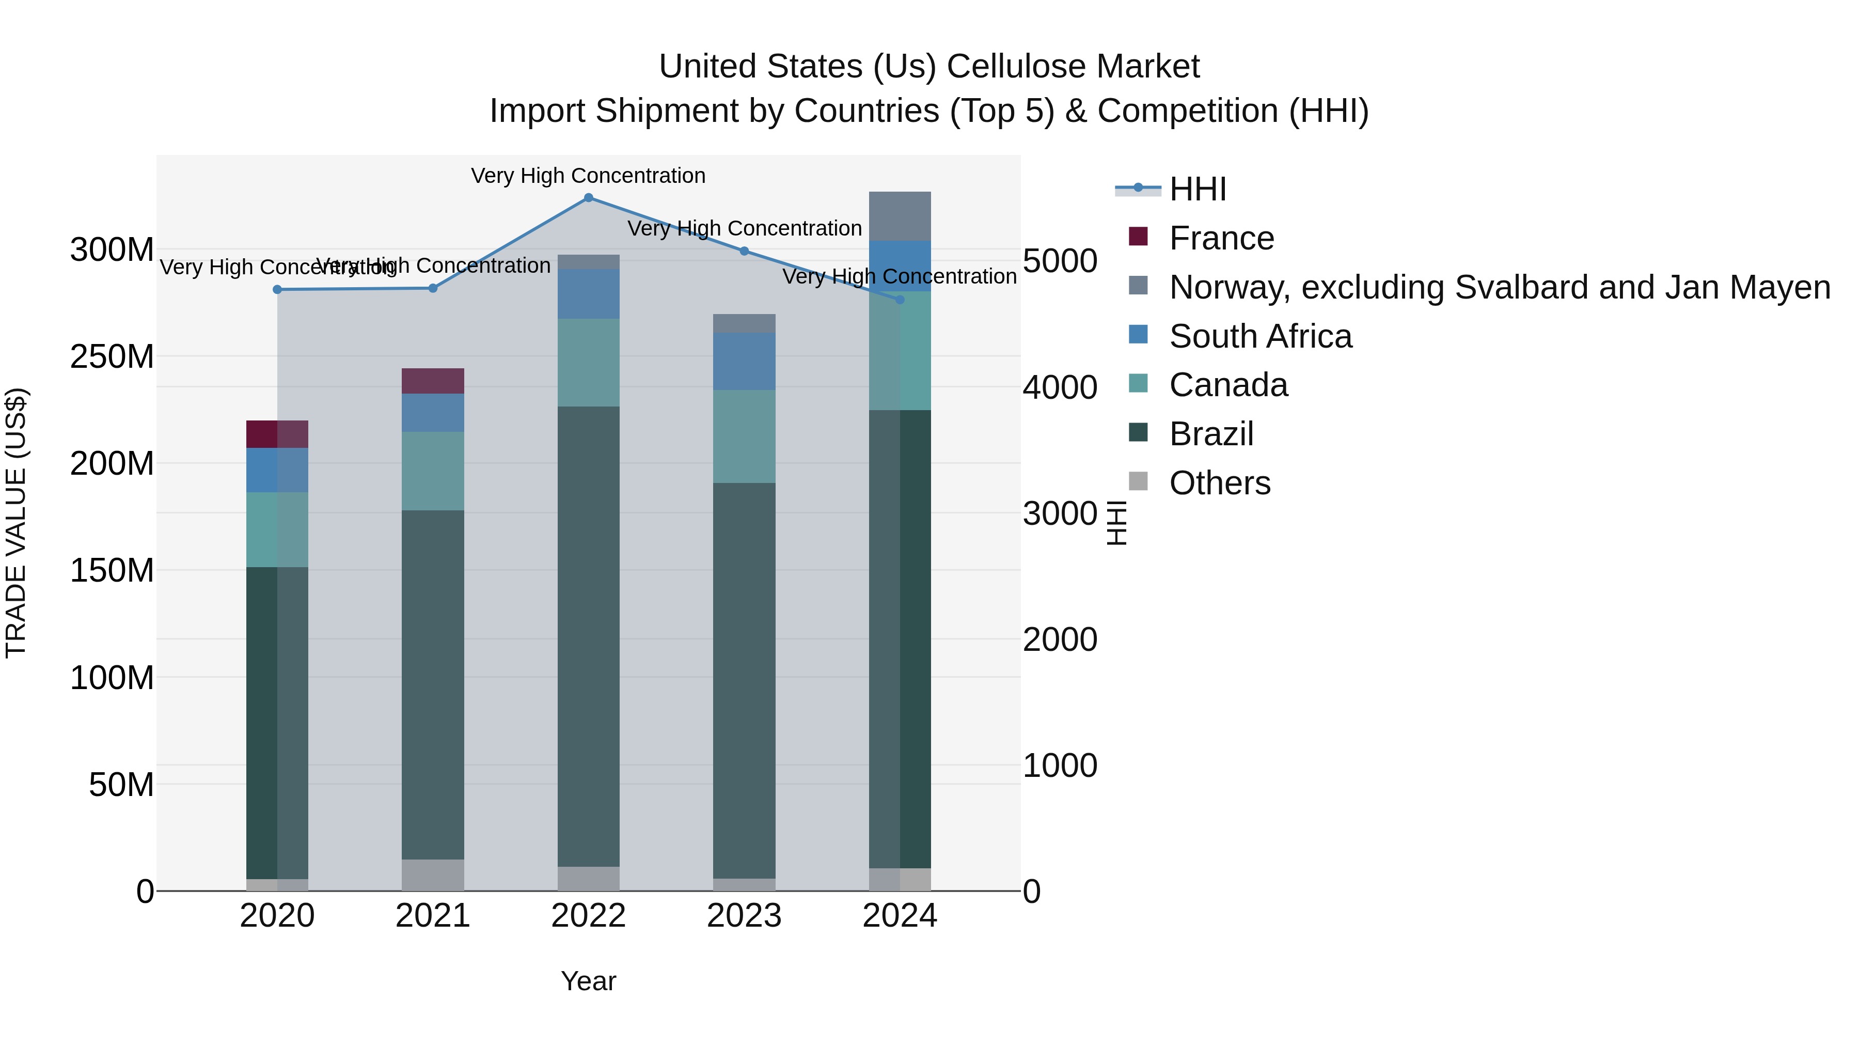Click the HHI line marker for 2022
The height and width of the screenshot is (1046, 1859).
pyautogui.click(x=588, y=198)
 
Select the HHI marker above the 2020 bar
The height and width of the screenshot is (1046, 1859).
pyautogui.click(x=277, y=289)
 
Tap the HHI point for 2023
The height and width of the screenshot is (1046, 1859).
pyautogui.click(x=744, y=251)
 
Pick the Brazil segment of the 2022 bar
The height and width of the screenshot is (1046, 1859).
pyautogui.click(x=588, y=635)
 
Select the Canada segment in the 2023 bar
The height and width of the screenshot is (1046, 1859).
pyautogui.click(x=744, y=436)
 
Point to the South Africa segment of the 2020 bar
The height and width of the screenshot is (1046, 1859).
pyautogui.click(x=277, y=470)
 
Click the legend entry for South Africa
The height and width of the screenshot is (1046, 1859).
pyautogui.click(x=1260, y=336)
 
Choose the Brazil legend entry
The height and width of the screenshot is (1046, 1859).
pyautogui.click(x=1211, y=434)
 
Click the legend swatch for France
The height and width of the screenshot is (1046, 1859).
pyautogui.click(x=1138, y=237)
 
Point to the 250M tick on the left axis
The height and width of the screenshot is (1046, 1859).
pyautogui.click(x=112, y=356)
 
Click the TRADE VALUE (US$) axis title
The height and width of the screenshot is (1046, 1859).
pyautogui.click(x=16, y=523)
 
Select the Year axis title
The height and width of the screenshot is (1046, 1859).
pyautogui.click(x=588, y=981)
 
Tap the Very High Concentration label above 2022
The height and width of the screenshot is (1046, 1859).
pyautogui.click(x=588, y=176)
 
